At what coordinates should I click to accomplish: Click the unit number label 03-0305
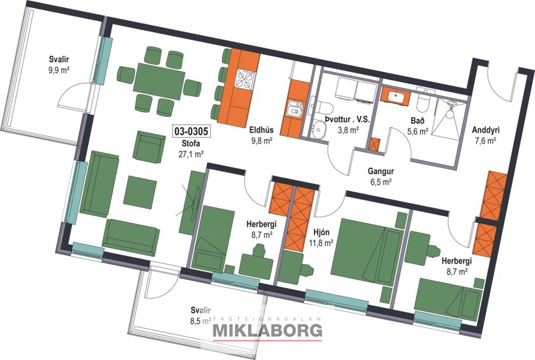point(191,131)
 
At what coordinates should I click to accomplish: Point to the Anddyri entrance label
point(484,129)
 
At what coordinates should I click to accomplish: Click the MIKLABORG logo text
point(268,331)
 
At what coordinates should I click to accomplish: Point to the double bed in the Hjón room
point(369,244)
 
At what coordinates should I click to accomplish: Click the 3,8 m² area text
point(349,129)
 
